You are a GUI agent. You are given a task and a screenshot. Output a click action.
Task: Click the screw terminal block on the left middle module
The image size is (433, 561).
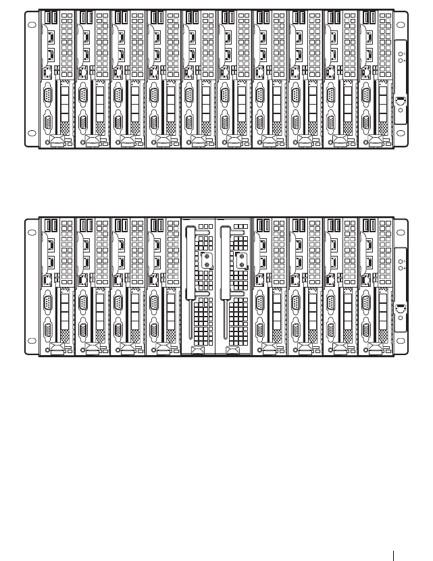(x=206, y=260)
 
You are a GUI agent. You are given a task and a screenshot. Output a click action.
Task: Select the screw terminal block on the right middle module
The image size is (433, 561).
(x=241, y=260)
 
